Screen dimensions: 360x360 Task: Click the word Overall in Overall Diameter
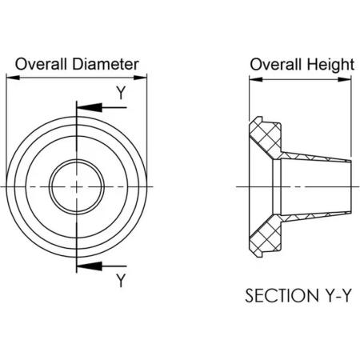[x=41, y=64]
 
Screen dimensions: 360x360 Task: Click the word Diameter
[x=106, y=64]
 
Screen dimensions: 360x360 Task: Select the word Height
[x=330, y=65]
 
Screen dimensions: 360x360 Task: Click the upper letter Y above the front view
[x=121, y=93]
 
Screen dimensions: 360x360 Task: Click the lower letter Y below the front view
[x=121, y=281]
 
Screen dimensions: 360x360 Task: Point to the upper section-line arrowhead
[x=90, y=107]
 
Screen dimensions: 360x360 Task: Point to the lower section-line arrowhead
[x=90, y=266]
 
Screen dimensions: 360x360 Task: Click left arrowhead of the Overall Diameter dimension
[x=13, y=78]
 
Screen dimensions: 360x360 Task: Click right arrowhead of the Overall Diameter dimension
[x=140, y=78]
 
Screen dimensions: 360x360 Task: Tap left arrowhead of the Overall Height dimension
[x=256, y=79]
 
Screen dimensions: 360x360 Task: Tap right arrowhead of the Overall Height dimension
[x=344, y=79]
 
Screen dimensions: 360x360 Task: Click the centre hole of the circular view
[x=77, y=186]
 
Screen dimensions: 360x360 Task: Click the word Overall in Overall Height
[x=276, y=65]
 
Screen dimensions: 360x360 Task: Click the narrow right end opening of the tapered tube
[x=350, y=186]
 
